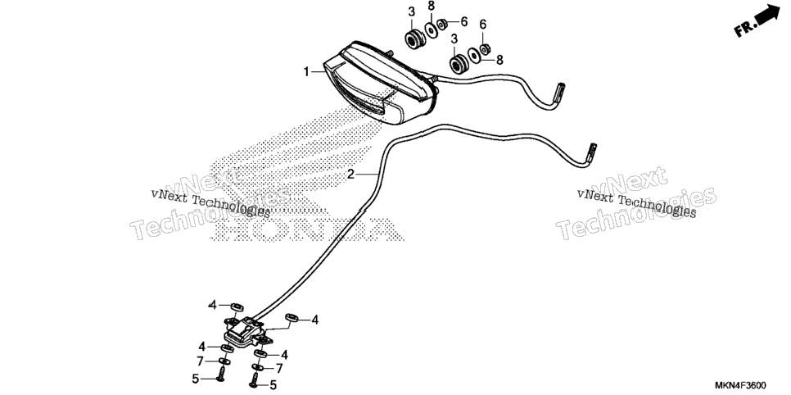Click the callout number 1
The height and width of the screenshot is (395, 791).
[305, 72]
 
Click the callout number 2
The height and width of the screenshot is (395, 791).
[350, 175]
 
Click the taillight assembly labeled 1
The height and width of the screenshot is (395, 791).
[381, 84]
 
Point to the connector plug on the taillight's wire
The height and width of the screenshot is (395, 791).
[558, 94]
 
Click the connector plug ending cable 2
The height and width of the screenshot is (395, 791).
[591, 153]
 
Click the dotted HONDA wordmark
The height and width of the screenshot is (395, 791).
[307, 229]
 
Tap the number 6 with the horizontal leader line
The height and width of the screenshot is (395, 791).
[463, 22]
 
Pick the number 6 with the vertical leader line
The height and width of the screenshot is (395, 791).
[483, 25]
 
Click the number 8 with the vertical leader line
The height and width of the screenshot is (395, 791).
[431, 7]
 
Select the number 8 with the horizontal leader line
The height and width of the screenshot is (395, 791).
[499, 60]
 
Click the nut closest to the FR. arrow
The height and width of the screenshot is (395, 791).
[485, 49]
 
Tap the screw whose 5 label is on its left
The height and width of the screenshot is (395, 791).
[221, 375]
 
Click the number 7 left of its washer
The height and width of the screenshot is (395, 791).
[201, 361]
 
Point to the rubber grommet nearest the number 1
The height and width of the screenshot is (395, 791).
[414, 39]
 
